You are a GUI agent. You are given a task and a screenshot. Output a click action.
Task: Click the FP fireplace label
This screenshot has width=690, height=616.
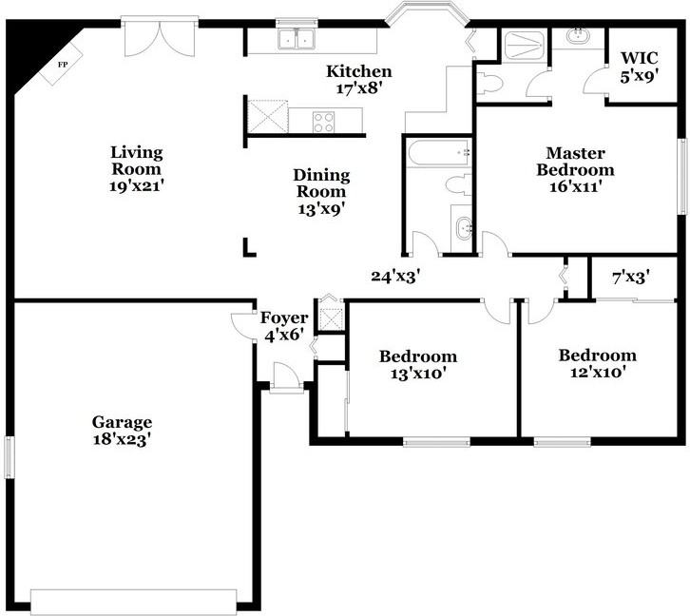coord(63,65)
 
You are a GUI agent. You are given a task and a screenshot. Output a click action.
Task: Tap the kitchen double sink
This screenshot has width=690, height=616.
coord(297,39)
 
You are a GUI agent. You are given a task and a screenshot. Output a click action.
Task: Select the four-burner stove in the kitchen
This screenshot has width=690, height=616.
coord(323,122)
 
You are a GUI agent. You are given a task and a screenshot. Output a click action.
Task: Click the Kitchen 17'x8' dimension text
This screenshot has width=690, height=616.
coord(358,88)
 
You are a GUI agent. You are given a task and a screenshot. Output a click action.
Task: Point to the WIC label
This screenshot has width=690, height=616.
coord(640,58)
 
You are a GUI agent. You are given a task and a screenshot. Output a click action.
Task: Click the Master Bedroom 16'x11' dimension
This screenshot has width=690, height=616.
coord(575,187)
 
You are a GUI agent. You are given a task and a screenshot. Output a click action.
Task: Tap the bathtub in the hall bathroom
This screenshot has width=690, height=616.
coord(438,152)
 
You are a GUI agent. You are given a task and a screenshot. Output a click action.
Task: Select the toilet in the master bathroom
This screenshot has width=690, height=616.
coord(489,83)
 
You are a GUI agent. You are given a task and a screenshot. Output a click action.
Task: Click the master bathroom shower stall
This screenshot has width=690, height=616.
coord(523,45)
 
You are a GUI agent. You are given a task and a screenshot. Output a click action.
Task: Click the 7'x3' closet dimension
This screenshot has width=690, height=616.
coord(631,278)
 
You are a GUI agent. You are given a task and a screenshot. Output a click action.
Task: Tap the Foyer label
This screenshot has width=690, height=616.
coord(284,318)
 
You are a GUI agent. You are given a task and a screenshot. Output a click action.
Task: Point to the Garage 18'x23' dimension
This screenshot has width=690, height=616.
coord(122,439)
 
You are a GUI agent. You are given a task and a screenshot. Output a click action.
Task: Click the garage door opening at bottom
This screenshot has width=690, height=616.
coord(134,602)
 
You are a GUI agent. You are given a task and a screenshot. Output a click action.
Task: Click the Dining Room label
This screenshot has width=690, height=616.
coord(321,183)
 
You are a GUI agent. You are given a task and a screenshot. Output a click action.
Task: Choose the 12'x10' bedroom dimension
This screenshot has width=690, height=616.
coord(598,373)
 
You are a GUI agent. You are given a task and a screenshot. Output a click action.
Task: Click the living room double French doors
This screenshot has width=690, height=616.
coord(160,37)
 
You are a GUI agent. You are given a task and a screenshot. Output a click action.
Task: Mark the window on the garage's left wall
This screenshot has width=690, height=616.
coord(9,456)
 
